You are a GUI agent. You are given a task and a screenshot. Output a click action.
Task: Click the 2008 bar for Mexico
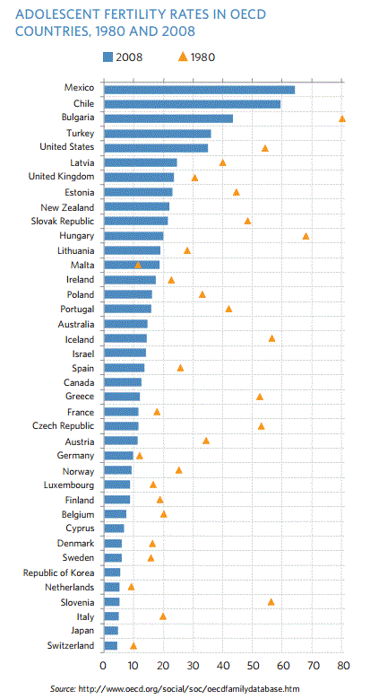coord(199,89)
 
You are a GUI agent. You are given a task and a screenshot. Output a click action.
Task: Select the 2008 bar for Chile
coord(192,103)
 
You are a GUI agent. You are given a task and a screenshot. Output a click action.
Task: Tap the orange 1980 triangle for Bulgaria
coord(342,118)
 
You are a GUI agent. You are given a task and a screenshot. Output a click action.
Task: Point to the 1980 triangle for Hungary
coord(305,236)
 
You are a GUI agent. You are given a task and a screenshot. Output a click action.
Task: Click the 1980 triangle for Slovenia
coord(271,602)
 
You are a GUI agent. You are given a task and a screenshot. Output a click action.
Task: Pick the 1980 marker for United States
coord(264,148)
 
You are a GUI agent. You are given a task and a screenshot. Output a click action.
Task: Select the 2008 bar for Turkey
coord(157,133)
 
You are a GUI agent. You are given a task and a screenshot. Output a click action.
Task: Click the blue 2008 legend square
coord(108,57)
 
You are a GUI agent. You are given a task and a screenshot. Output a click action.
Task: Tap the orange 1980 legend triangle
coord(183,57)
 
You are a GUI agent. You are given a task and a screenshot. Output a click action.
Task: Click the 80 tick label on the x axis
coord(342,665)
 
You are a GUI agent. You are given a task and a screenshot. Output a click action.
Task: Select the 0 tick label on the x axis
coord(104,665)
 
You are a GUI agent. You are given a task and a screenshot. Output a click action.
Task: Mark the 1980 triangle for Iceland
coord(271,338)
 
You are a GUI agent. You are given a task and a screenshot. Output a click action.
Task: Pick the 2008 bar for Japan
coord(111,631)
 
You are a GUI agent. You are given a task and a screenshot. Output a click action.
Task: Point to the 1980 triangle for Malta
coord(137,266)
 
